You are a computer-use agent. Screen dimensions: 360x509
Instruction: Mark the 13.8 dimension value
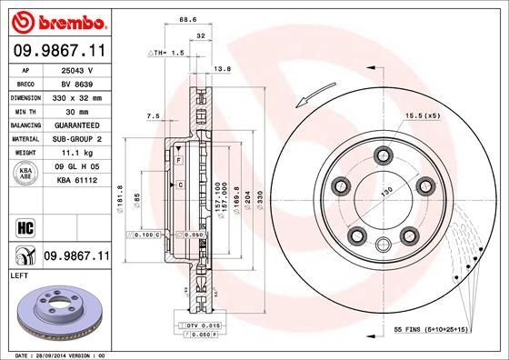click(x=219, y=68)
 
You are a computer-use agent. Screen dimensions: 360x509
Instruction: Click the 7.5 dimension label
click(x=153, y=116)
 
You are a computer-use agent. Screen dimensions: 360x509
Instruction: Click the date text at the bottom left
click(x=56, y=354)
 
